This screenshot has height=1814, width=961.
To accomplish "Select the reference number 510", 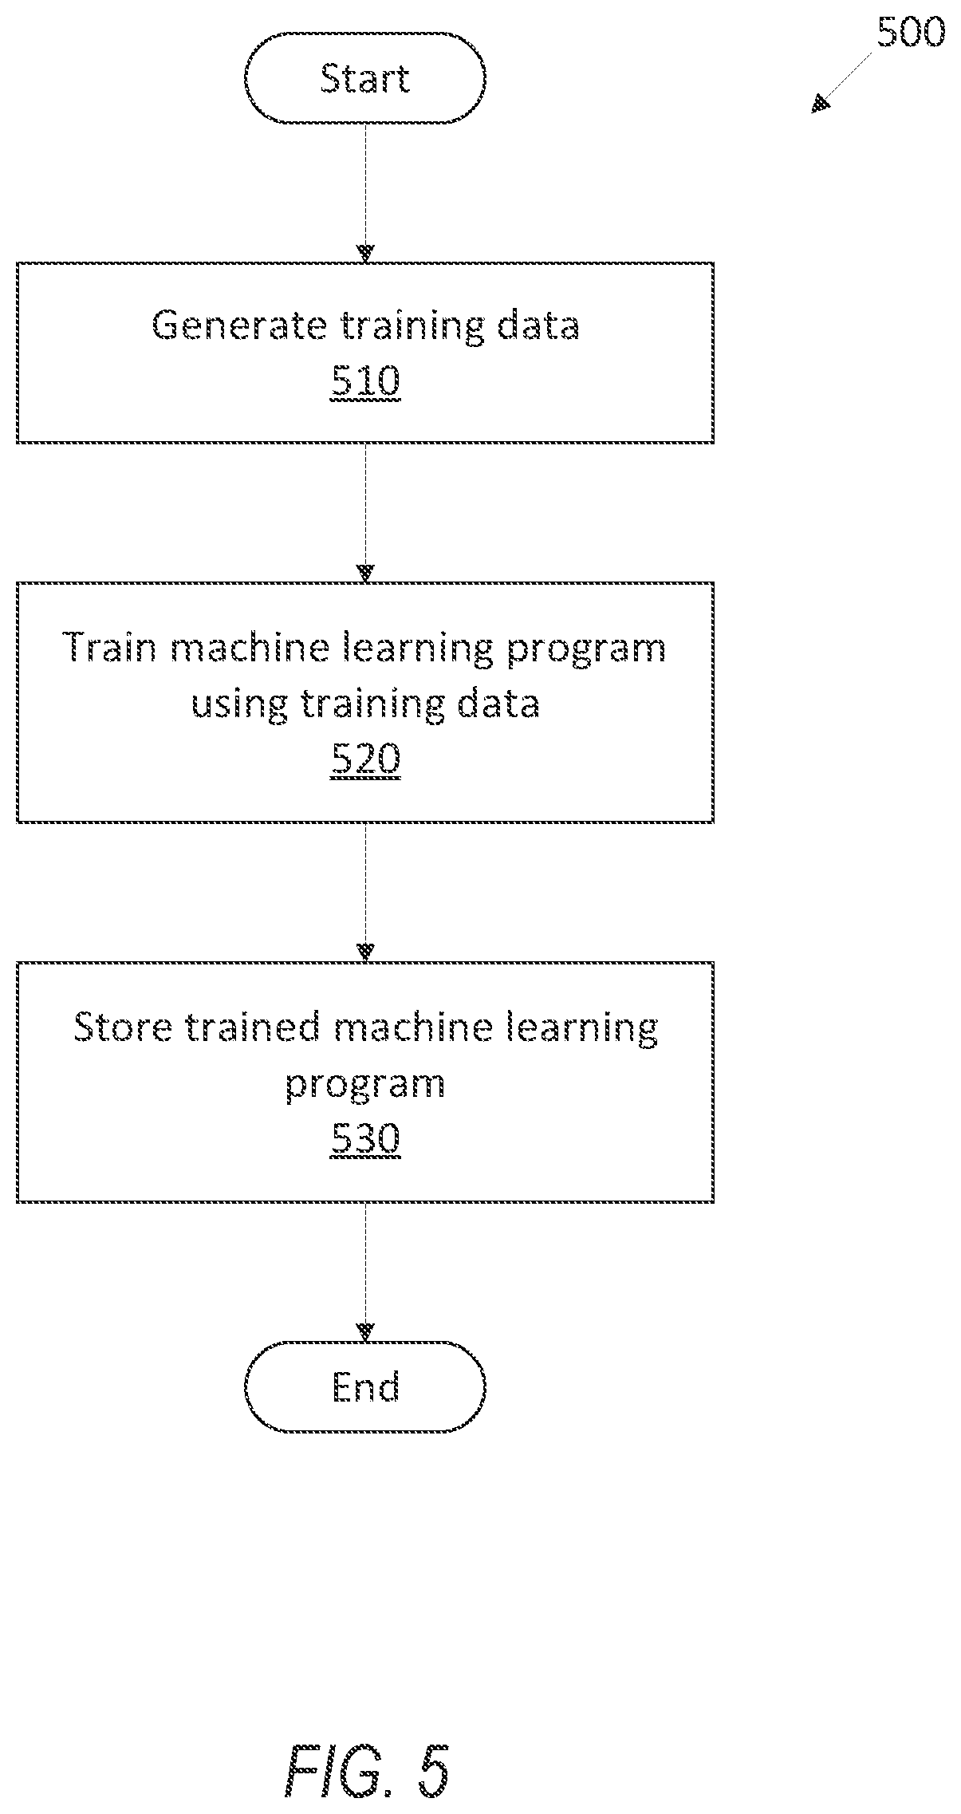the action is pos(365,381).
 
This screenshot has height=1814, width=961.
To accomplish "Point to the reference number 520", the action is pos(365,759).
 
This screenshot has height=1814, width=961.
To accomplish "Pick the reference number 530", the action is pos(365,1138).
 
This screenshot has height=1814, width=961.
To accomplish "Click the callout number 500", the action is pos(911,33).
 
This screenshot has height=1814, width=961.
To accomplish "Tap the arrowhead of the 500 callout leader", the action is pos(820,104).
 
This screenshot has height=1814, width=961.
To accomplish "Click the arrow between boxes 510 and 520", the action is pos(365,513).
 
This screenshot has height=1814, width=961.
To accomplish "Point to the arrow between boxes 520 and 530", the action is pos(365,892).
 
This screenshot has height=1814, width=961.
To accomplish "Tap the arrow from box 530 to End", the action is pos(365,1272).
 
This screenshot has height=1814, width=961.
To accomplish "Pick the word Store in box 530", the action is pos(123,1027).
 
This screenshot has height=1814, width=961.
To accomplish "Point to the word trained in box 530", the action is pos(253,1027).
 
